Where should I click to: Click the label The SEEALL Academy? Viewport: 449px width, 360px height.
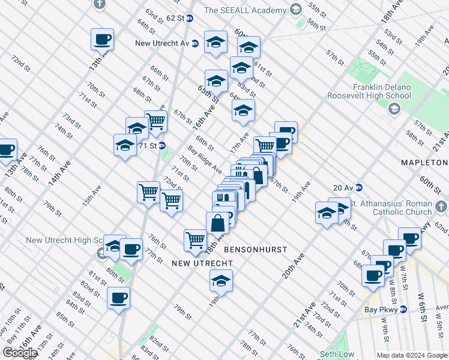click(245, 10)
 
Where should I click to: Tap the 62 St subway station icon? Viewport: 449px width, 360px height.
click(190, 19)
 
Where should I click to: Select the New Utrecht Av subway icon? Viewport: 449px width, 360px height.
click(195, 43)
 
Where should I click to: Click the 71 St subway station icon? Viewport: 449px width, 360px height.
click(162, 146)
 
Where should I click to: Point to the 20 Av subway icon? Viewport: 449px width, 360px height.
click(359, 188)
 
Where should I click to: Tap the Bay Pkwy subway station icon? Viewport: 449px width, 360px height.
click(404, 310)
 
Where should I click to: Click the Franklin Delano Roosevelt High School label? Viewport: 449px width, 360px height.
click(369, 91)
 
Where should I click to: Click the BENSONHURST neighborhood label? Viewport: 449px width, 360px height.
click(255, 249)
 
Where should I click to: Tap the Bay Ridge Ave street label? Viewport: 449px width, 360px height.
click(205, 160)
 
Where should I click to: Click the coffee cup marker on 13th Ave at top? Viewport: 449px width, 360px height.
click(102, 40)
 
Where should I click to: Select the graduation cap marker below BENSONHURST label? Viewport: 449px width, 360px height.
click(221, 281)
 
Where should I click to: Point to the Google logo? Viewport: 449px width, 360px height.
click(20, 353)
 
